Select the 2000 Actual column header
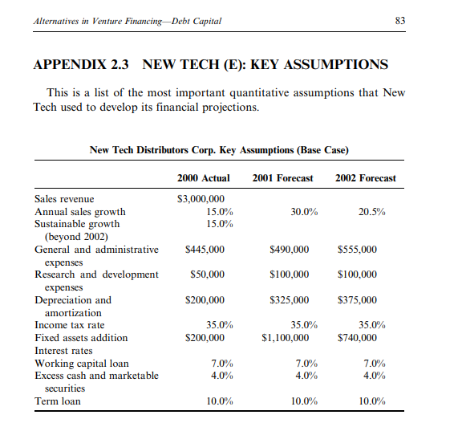pyautogui.click(x=203, y=177)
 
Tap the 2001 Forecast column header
pyautogui.click(x=282, y=177)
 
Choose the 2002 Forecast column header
pyautogui.click(x=365, y=177)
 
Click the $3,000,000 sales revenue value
pyautogui.click(x=200, y=199)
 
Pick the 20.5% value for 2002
pyautogui.click(x=371, y=212)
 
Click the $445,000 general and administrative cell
pyautogui.click(x=205, y=250)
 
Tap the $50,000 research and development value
pyautogui.click(x=207, y=275)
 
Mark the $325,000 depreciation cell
pyautogui.click(x=288, y=300)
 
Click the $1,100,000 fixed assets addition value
pyautogui.click(x=285, y=338)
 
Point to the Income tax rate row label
pyautogui.click(x=69, y=325)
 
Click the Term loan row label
pyautogui.click(x=57, y=401)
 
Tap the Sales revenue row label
pyautogui.click(x=64, y=199)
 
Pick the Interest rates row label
pyautogui.click(x=64, y=351)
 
